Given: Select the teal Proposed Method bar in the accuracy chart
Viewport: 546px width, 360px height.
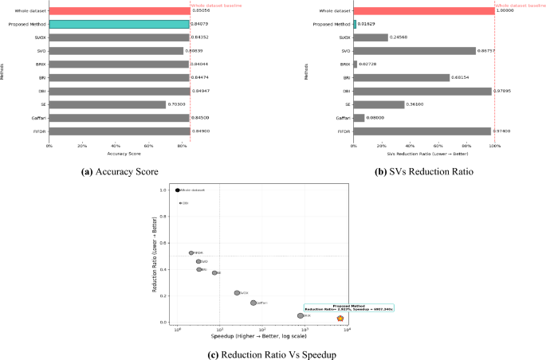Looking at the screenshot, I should click(x=119, y=24).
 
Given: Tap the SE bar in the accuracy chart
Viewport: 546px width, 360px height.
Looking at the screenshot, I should click(x=108, y=104).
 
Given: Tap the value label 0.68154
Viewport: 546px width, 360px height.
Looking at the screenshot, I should click(x=462, y=77).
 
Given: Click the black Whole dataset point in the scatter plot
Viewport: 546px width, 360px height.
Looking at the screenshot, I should click(x=178, y=190).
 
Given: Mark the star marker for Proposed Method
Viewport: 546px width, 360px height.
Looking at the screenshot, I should click(x=340, y=319).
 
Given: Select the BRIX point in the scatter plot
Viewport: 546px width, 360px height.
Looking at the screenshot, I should click(x=300, y=315).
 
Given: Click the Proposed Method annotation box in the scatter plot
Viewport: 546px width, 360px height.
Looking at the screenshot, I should click(x=348, y=307).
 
